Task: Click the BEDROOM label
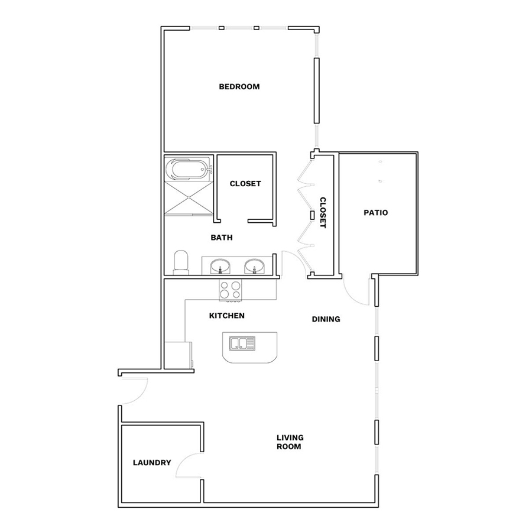[239, 87]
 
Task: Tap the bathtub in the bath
[189, 168]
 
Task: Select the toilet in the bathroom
[181, 262]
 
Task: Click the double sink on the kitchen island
[242, 343]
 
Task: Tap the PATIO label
[375, 213]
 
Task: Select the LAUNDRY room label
[152, 462]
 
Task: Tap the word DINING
[326, 319]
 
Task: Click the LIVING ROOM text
[290, 442]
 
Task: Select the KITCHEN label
[226, 316]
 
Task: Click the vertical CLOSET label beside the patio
[323, 213]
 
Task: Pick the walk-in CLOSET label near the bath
[245, 184]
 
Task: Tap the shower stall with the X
[188, 198]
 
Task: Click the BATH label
[222, 238]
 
